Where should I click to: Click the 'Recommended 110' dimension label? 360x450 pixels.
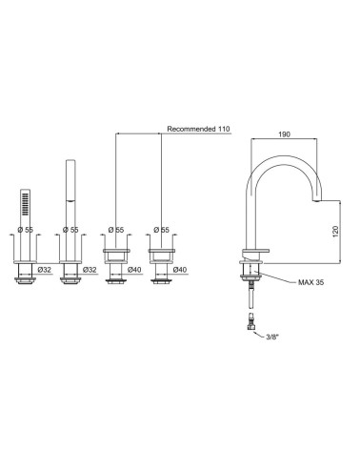(198, 129)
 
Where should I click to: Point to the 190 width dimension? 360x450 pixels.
(284, 134)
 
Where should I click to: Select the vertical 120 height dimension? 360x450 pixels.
(336, 232)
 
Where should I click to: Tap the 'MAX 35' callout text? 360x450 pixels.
(311, 282)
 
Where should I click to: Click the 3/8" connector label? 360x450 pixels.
(272, 337)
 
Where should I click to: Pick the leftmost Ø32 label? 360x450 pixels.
(45, 270)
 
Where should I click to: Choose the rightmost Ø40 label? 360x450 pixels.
(180, 270)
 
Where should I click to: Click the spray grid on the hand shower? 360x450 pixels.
(25, 205)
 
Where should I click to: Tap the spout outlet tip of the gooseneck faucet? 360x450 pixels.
(317, 200)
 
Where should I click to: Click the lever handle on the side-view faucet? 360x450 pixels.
(256, 252)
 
